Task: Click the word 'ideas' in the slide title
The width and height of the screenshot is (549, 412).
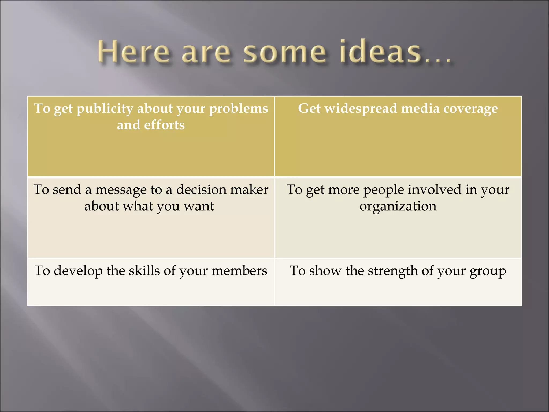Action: pyautogui.click(x=380, y=51)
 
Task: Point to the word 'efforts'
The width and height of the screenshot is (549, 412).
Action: pyautogui.click(x=164, y=125)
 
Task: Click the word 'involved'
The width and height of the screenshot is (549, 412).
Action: pyautogui.click(x=435, y=190)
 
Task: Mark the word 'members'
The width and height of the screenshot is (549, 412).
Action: pyautogui.click(x=239, y=271)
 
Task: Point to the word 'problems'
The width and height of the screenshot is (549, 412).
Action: pyautogui.click(x=238, y=109)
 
